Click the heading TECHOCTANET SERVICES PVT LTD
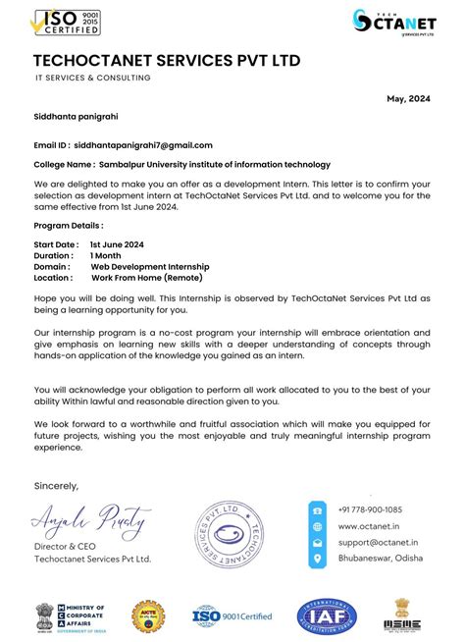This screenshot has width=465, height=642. pos(167,61)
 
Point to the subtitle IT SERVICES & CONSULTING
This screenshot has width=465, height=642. pos(93,78)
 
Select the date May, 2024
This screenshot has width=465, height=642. pos(409,99)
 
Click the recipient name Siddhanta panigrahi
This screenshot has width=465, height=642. pos(77,117)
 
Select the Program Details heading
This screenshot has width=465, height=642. pos(69,226)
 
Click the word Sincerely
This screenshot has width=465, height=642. pos(56,485)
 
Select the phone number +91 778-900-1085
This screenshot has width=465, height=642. pos(369,510)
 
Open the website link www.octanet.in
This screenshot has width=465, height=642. pos(365,526)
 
